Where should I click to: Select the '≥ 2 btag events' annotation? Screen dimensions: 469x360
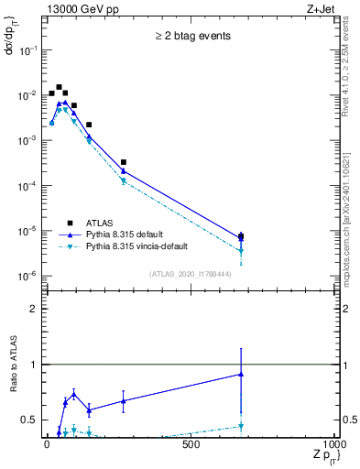pyautogui.click(x=192, y=37)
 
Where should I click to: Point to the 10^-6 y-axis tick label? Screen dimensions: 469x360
pyautogui.click(x=29, y=276)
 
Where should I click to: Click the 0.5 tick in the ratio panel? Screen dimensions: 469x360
pyautogui.click(x=33, y=420)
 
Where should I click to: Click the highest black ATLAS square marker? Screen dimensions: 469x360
pyautogui.click(x=59, y=88)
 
